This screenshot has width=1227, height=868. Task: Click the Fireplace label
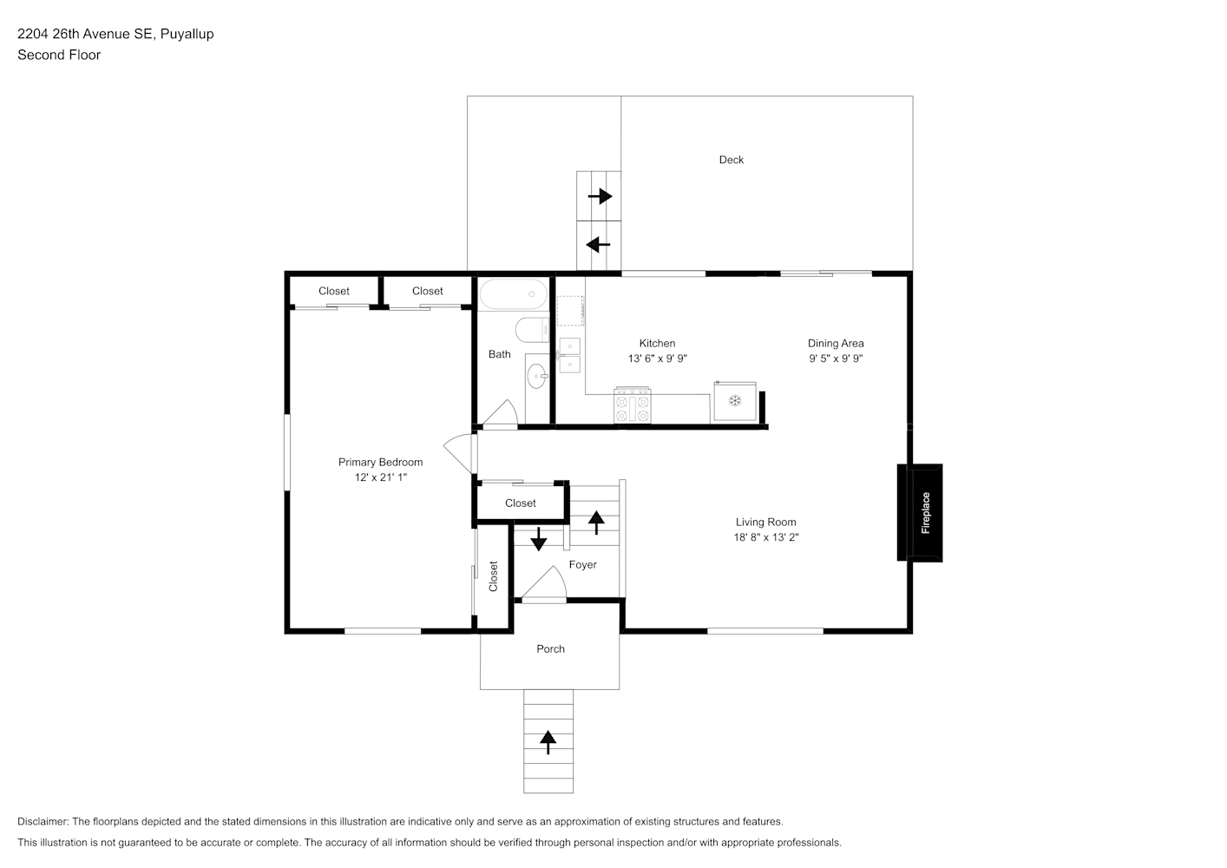click(x=926, y=512)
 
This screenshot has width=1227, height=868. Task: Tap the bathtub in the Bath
click(x=513, y=294)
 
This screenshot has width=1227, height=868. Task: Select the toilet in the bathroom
click(x=532, y=329)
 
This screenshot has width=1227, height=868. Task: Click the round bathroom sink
click(x=537, y=376)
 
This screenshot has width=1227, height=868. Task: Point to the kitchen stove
click(x=633, y=405)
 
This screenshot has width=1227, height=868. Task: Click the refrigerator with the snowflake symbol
click(x=735, y=402)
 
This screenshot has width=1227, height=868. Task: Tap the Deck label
click(x=732, y=160)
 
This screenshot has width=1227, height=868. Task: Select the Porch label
click(x=550, y=648)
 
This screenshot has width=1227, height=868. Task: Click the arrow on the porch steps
click(x=548, y=742)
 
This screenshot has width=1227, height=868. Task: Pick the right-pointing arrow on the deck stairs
click(x=600, y=196)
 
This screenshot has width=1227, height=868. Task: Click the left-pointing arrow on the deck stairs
click(x=598, y=245)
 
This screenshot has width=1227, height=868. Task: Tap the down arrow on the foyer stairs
click(x=539, y=539)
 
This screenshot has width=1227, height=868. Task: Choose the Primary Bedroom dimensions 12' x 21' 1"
click(x=381, y=477)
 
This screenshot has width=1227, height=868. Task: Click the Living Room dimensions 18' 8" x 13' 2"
click(x=766, y=537)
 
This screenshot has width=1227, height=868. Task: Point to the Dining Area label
click(x=836, y=343)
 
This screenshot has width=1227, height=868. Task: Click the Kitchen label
click(x=658, y=343)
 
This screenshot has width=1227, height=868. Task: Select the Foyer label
click(x=583, y=564)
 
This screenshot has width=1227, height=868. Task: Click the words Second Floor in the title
click(x=59, y=55)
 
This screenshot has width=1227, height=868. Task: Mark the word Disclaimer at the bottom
click(x=43, y=821)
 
